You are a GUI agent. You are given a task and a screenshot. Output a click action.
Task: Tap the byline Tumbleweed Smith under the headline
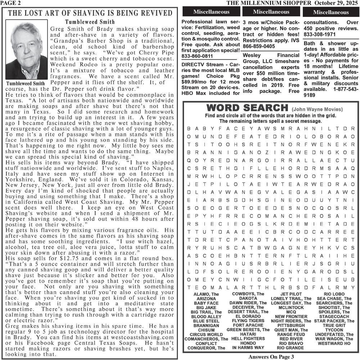90,22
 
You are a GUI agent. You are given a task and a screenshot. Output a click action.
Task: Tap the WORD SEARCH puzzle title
247,108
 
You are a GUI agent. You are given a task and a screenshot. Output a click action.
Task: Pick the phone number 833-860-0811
197,56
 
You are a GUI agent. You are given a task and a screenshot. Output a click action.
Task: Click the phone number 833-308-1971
320,35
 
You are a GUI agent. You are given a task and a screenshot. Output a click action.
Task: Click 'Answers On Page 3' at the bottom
271,357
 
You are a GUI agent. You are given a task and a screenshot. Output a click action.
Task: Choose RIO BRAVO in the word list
291,343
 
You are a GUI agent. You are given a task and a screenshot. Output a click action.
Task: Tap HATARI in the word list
248,334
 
